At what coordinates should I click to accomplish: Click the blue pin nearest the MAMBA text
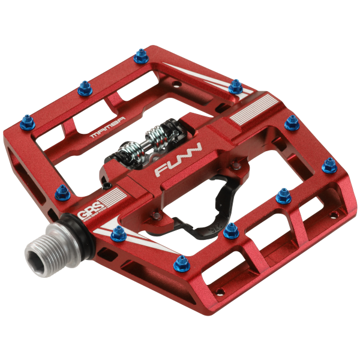point(82,91)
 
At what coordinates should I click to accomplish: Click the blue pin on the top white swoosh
point(236,86)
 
